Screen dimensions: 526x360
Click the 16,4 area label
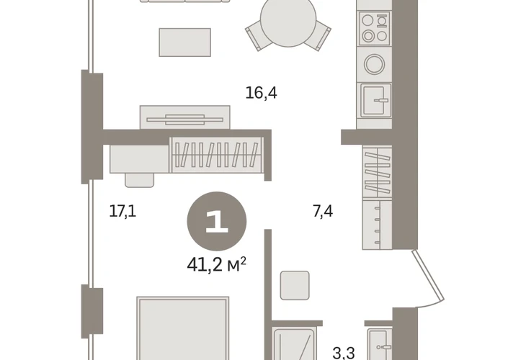[x=261, y=93]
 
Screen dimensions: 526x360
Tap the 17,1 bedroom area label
[x=122, y=211]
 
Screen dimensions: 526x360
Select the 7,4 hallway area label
[x=323, y=211]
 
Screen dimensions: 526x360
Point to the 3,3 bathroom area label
[x=344, y=353]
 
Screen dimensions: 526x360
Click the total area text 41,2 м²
[x=217, y=265]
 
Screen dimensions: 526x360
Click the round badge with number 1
[x=217, y=221]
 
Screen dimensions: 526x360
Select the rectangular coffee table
[x=185, y=42]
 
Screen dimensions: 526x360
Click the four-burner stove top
[x=375, y=29]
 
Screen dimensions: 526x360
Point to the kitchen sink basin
[x=375, y=100]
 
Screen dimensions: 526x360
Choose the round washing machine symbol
[x=375, y=64]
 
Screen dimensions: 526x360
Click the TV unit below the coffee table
[x=185, y=117]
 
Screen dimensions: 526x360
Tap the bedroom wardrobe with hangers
[x=217, y=155]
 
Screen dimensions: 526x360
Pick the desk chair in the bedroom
[x=140, y=180]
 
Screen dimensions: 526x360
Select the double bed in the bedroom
[x=183, y=328]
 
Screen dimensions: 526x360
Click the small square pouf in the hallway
[x=295, y=285]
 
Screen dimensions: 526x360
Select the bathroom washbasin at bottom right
[x=380, y=345]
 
